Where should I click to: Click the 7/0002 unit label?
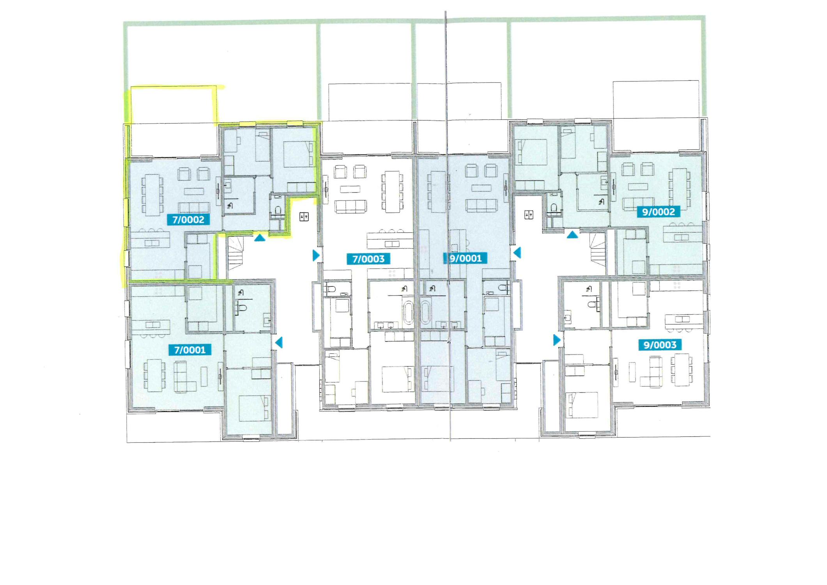(188, 220)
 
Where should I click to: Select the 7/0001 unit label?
(190, 350)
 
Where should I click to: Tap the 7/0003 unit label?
(368, 259)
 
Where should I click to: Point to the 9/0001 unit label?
(466, 258)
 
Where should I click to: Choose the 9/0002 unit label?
(659, 212)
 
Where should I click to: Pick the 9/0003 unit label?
(660, 345)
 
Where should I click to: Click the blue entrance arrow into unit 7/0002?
(260, 237)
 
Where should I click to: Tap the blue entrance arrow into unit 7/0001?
(279, 343)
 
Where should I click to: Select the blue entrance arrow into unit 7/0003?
(316, 255)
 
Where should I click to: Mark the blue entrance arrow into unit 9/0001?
(517, 253)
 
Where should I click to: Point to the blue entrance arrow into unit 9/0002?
(572, 234)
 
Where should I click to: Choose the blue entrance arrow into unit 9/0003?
(557, 340)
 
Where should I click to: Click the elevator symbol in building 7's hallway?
(304, 216)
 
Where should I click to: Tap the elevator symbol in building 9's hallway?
(529, 215)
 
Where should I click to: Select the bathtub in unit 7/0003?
(408, 312)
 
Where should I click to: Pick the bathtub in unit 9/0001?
(425, 312)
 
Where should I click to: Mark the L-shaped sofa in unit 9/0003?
(652, 371)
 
